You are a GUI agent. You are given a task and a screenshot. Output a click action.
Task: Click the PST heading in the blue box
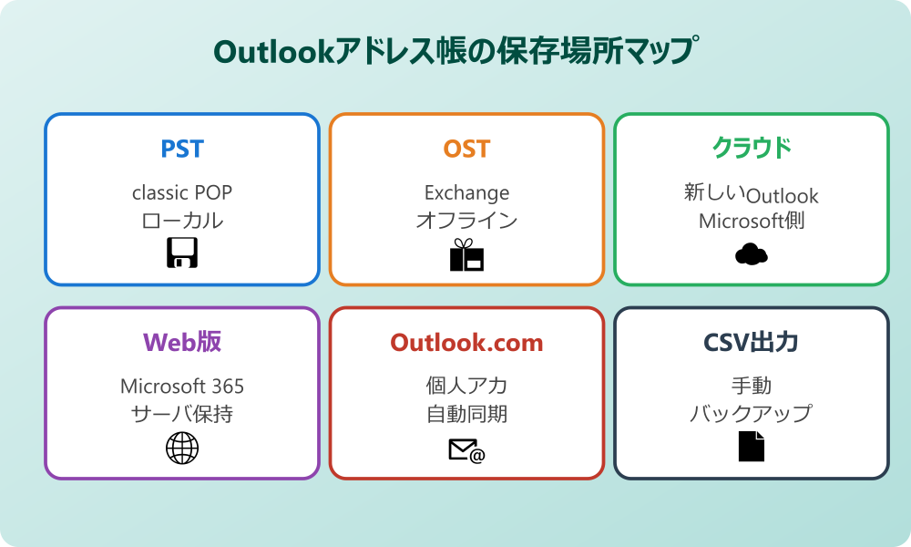(x=182, y=149)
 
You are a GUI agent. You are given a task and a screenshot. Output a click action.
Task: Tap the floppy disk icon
(x=182, y=253)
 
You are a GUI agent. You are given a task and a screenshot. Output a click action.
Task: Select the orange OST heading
(x=466, y=149)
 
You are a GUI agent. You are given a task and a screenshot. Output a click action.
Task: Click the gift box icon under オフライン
(x=466, y=255)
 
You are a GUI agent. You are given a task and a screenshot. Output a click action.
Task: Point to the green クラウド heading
(x=751, y=149)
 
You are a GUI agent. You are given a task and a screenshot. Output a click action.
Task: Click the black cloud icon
(x=751, y=254)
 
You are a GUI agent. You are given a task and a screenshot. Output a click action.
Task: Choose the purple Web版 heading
(x=182, y=342)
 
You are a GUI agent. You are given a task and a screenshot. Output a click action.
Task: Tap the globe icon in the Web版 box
(x=182, y=448)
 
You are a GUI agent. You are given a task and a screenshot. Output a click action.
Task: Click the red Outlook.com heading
(x=466, y=343)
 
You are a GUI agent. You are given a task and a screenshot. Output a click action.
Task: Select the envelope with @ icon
(x=466, y=449)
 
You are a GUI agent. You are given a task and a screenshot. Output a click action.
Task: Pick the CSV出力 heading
(x=751, y=343)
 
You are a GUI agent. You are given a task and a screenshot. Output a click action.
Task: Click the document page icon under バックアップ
(x=751, y=446)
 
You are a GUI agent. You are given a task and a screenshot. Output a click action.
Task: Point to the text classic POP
(x=182, y=192)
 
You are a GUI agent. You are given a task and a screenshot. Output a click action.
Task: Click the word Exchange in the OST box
(x=466, y=192)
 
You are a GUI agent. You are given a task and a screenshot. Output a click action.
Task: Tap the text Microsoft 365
(x=182, y=386)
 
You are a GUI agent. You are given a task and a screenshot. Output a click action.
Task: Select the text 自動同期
(x=466, y=414)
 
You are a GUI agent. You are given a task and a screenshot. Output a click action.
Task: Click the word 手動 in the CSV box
(x=751, y=386)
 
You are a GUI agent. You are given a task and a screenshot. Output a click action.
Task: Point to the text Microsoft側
(x=751, y=222)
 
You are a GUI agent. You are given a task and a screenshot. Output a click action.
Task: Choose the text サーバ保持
(x=182, y=414)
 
